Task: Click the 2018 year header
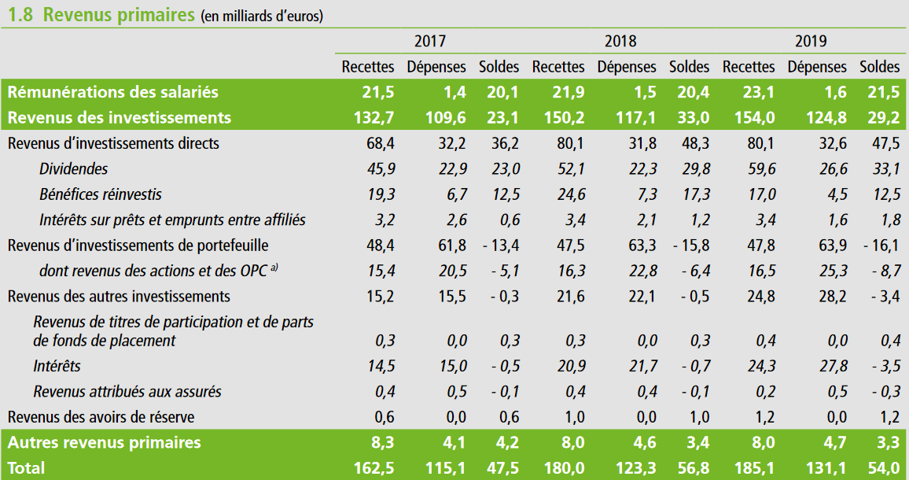tap(620, 42)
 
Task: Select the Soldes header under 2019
tap(879, 67)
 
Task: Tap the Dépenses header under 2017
tap(436, 67)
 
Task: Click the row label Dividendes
tap(73, 168)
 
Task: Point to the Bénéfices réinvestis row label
tap(101, 194)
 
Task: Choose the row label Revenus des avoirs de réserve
tap(101, 417)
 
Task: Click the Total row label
tap(26, 467)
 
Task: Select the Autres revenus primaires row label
tap(104, 442)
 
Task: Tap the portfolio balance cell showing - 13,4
tap(500, 245)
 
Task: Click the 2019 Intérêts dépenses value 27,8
tap(832, 366)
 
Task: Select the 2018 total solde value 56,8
tap(693, 467)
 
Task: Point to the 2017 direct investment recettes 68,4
tap(379, 143)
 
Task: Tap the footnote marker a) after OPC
tap(274, 268)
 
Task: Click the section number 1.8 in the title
tap(20, 16)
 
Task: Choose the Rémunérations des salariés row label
tap(112, 92)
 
